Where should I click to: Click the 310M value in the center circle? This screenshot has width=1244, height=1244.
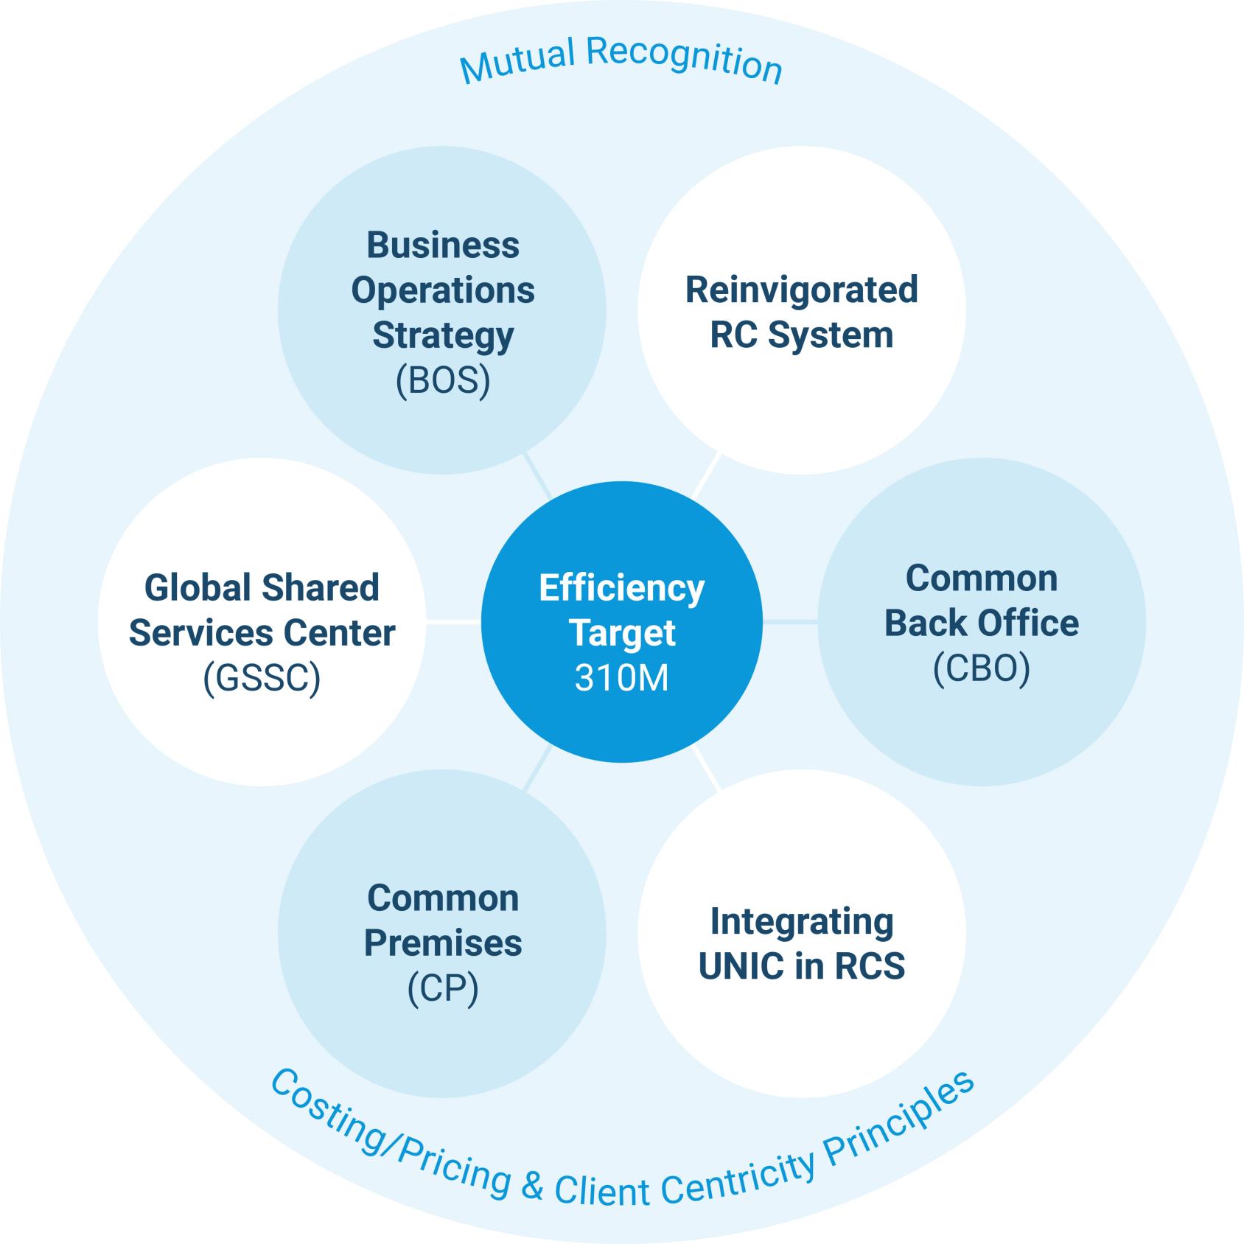[621, 678]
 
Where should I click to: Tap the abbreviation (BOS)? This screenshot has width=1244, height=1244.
[443, 381]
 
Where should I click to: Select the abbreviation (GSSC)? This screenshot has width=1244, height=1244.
[262, 678]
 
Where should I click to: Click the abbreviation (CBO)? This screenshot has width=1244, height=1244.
[981, 668]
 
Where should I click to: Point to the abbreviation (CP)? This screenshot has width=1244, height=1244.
[443, 988]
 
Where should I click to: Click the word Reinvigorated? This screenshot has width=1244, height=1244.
[802, 290]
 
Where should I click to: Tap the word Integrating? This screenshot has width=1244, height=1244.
[802, 921]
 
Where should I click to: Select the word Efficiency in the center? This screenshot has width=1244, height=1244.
[621, 588]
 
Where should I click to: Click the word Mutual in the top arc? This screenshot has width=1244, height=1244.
[517, 62]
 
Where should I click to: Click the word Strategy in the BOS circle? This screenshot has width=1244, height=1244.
[443, 335]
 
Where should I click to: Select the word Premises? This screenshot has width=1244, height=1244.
[443, 943]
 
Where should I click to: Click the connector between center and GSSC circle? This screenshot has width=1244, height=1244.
[453, 622]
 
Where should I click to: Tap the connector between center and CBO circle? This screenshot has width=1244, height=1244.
[790, 622]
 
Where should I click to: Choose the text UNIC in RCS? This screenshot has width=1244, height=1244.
[802, 966]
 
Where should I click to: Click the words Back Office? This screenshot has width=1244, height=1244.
[981, 623]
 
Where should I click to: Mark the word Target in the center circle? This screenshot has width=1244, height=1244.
[621, 633]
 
